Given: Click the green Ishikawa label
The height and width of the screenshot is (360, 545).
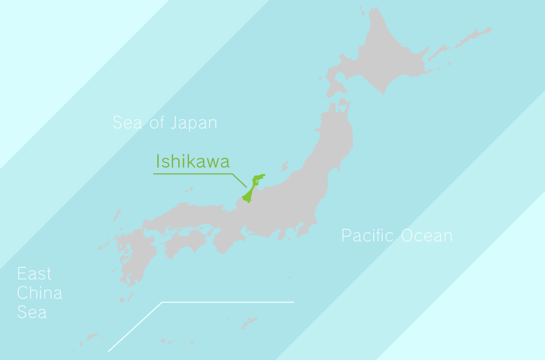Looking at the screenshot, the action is pyautogui.click(x=192, y=162).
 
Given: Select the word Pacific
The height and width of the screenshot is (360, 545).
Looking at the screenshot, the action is pyautogui.click(x=367, y=236).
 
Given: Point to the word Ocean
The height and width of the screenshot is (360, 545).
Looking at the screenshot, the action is pyautogui.click(x=426, y=236).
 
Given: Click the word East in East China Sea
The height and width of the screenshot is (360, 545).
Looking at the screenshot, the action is pyautogui.click(x=34, y=274).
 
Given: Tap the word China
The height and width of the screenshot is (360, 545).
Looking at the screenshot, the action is pyautogui.click(x=40, y=293).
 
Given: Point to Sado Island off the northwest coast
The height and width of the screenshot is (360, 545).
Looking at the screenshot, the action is pyautogui.click(x=286, y=166).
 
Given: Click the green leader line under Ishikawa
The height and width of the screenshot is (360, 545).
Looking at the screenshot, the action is pyautogui.click(x=193, y=174).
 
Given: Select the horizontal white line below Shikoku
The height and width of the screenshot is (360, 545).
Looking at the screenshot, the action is pyautogui.click(x=227, y=302).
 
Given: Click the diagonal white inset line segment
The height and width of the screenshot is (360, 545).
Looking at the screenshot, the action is pyautogui.click(x=135, y=326).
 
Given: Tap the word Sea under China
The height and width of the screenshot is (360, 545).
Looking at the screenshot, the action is pyautogui.click(x=32, y=312).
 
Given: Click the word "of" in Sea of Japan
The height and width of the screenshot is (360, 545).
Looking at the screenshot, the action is pyautogui.click(x=156, y=123).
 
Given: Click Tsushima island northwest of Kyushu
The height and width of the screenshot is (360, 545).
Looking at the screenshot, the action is pyautogui.click(x=117, y=215).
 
